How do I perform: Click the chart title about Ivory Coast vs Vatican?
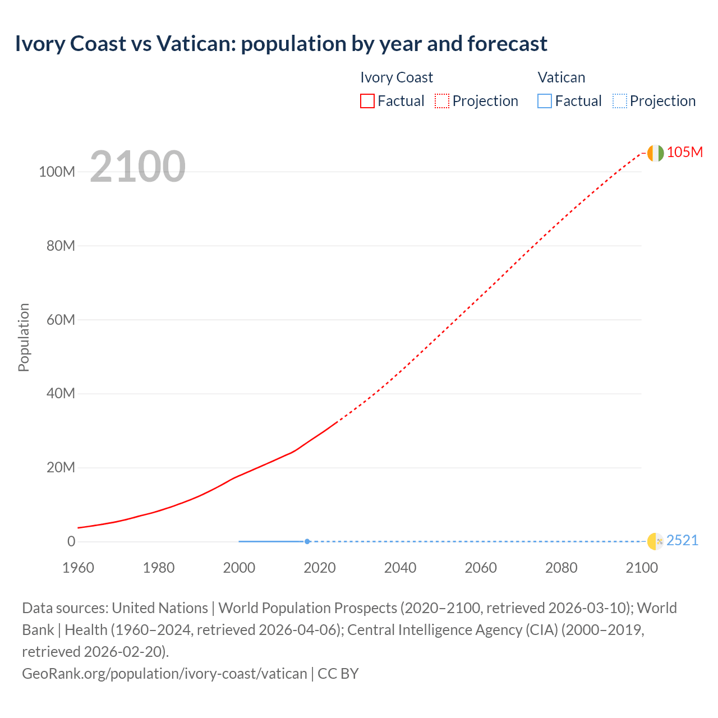click(x=281, y=44)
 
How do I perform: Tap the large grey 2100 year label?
click(x=137, y=167)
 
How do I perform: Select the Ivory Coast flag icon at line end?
click(x=655, y=153)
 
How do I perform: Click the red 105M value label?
click(x=684, y=153)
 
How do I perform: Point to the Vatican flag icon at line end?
click(x=655, y=541)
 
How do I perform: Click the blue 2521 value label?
click(x=682, y=541)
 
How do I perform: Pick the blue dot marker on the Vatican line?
click(x=307, y=541)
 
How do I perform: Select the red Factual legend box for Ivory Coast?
click(x=367, y=101)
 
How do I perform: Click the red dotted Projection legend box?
click(x=442, y=101)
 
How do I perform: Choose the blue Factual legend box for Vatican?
click(x=545, y=101)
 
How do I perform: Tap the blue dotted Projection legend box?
click(x=620, y=101)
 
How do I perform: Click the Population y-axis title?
click(x=24, y=337)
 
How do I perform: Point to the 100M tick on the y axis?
click(x=57, y=172)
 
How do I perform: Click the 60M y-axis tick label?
click(x=61, y=320)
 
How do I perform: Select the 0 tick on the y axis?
click(x=71, y=542)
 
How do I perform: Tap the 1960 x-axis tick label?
click(x=78, y=568)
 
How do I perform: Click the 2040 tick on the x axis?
click(x=400, y=568)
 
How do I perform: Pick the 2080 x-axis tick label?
click(x=561, y=568)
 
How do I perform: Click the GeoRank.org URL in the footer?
click(x=164, y=674)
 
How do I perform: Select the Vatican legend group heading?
click(x=561, y=77)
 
